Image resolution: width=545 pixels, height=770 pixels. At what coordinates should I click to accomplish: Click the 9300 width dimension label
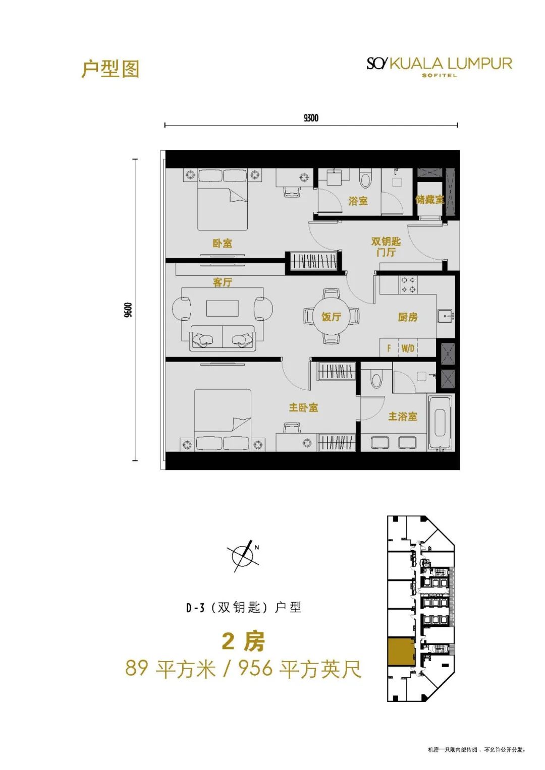tap(311, 118)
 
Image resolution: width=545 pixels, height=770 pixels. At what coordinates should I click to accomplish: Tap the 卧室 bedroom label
tap(222, 243)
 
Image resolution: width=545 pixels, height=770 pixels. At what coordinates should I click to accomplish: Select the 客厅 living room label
tap(223, 282)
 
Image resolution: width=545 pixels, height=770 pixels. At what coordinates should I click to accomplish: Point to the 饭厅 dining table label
tap(331, 317)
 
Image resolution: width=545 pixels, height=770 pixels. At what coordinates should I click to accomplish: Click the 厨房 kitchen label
tap(408, 317)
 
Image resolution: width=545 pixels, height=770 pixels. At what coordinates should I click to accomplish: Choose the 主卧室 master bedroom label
tap(303, 407)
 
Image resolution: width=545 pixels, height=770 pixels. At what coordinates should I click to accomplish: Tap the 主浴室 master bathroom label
tap(402, 417)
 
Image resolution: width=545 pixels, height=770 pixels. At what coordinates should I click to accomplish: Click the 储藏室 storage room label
tap(429, 200)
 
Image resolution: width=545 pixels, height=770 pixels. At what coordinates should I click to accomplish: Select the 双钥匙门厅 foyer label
tap(386, 247)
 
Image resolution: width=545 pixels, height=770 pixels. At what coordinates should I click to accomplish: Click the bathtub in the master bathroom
tap(440, 423)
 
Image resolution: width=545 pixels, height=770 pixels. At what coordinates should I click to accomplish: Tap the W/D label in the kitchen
tap(408, 348)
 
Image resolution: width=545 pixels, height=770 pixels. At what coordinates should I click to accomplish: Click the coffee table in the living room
tap(223, 308)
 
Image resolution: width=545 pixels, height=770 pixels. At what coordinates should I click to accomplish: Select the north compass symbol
tap(243, 556)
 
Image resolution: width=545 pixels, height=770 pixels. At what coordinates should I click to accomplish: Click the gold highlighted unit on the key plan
tap(401, 651)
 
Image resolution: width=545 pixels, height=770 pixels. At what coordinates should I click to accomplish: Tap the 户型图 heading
tap(110, 69)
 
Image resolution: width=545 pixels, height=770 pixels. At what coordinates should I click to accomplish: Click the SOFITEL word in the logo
tap(439, 76)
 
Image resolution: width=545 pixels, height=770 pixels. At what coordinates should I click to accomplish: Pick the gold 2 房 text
tap(243, 641)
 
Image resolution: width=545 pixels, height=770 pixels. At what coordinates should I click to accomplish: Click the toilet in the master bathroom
tap(376, 378)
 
